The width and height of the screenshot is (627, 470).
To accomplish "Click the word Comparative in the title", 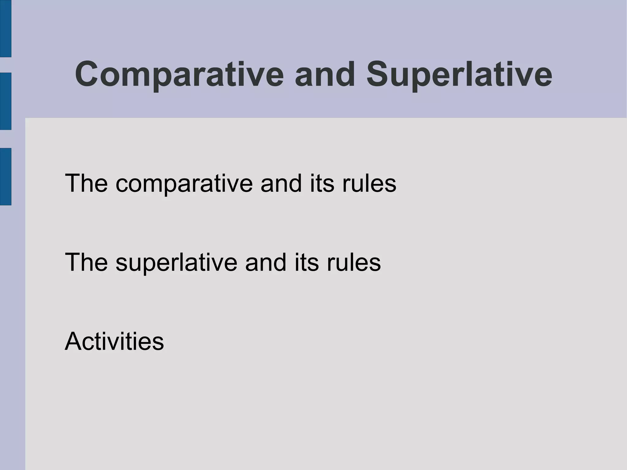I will coord(179,74).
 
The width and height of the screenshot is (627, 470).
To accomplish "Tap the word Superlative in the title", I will coord(459,74).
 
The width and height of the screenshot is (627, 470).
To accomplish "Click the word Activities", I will coord(114,341).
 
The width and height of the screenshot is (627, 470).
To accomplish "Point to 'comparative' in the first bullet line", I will coord(184,184).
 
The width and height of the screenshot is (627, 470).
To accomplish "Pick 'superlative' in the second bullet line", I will coord(176,263).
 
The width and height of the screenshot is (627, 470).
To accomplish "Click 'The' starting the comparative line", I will coord(86,183).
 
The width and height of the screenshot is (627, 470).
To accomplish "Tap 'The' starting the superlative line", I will coord(86,262).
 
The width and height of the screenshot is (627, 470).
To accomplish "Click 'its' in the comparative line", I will coord(322,183).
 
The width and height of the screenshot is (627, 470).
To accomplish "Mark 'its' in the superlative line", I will coord(306,262).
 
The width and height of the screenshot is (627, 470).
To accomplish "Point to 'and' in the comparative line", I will coord(281,183).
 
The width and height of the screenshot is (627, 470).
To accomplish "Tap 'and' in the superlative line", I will coord(266,262).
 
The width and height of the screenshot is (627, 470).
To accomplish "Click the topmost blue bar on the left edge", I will coord(6,28).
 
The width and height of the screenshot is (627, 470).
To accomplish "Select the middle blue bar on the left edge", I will coord(6,101).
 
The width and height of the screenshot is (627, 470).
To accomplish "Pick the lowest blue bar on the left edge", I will coord(6,176).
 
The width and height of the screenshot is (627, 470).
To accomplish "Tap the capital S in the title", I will coord(378,74).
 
